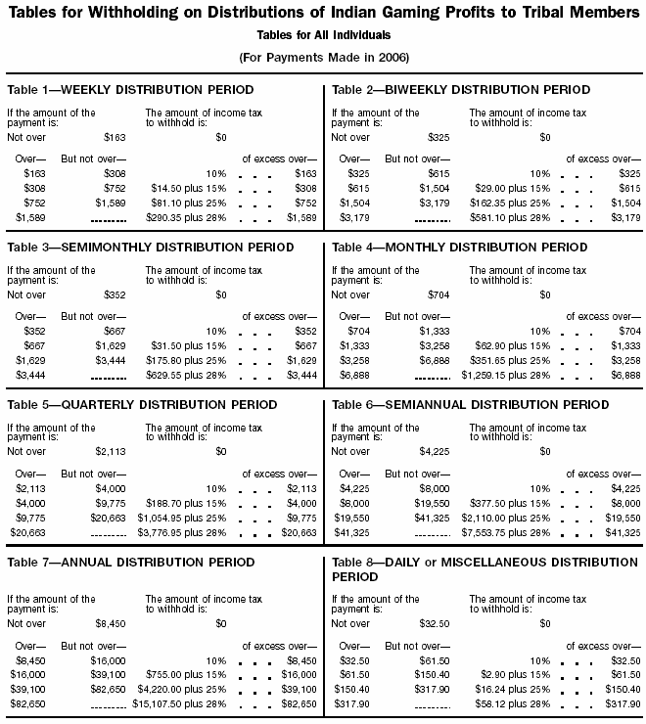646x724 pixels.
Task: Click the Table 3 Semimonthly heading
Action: coord(150,249)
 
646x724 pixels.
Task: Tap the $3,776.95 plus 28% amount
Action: coord(181,532)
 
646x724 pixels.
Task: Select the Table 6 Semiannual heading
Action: coord(469,403)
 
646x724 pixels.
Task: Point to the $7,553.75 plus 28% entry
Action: coord(508,532)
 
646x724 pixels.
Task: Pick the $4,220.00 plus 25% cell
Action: coord(181,687)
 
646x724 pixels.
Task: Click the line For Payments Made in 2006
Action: coord(324,55)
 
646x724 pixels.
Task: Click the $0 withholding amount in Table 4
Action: coord(545,294)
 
